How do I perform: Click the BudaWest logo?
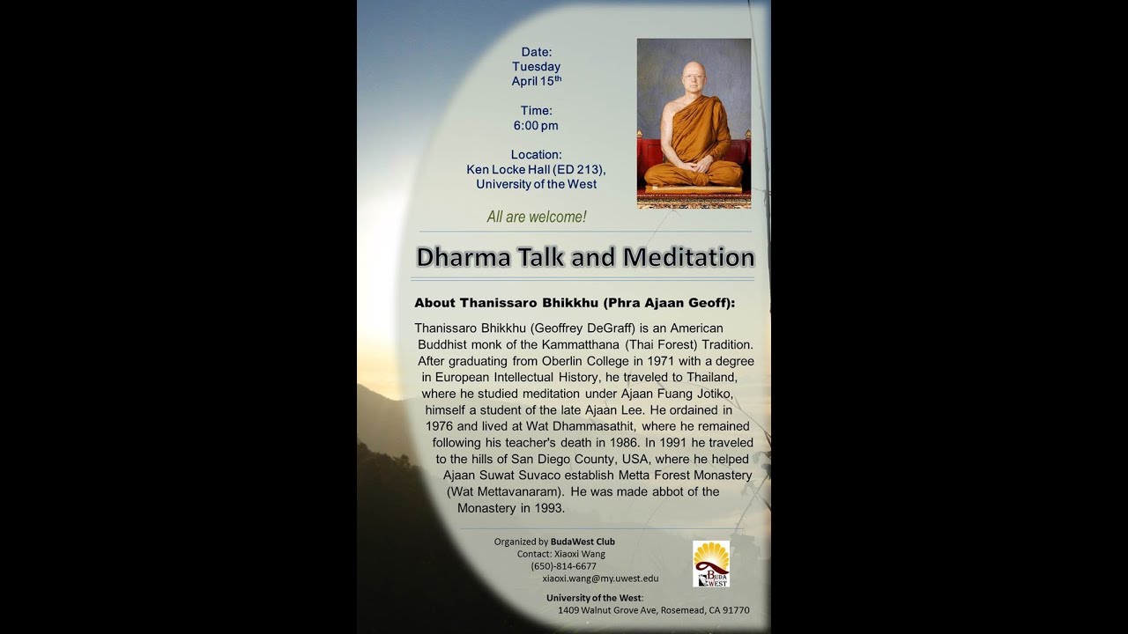[710, 564]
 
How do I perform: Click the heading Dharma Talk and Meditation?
[585, 257]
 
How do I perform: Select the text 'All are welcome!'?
[536, 217]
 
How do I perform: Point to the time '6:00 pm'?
[536, 126]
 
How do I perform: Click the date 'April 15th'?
[536, 81]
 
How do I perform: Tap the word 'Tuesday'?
[536, 67]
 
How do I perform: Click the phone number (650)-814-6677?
[563, 566]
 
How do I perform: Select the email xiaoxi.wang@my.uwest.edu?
[600, 579]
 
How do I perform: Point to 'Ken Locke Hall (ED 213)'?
[536, 170]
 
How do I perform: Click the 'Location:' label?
[536, 155]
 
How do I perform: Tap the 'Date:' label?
[536, 52]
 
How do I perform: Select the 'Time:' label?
[536, 111]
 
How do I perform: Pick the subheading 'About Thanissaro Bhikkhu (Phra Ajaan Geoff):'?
[575, 303]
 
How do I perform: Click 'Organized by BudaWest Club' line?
[554, 542]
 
